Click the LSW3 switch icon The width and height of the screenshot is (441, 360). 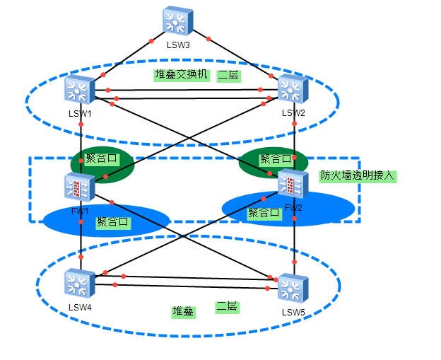pos(177,23)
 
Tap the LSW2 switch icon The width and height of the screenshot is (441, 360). pos(292,90)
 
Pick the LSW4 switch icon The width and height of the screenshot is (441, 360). pos(79,284)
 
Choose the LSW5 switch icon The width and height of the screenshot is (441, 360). pos(292,289)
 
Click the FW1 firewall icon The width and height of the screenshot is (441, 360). pos(79,187)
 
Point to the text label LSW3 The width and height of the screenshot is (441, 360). pos(178,45)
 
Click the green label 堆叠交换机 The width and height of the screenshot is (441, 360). pos(182,74)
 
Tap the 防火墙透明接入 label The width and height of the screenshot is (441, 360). pos(357,176)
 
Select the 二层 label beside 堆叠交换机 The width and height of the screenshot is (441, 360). pos(228,75)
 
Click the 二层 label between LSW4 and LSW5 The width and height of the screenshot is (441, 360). pos(227,307)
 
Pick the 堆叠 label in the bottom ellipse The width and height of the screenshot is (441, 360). pos(184,311)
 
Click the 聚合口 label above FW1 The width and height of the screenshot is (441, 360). pos(100,158)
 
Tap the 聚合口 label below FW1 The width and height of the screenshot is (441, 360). pos(113,222)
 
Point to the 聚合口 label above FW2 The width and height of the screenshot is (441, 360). pos(275,158)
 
